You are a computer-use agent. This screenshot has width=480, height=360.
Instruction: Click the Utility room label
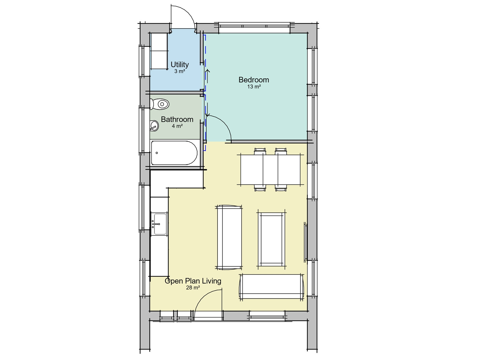click(x=179, y=64)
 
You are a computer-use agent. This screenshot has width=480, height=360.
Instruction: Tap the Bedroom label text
click(x=253, y=80)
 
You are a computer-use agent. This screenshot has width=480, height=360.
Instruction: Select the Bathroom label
click(x=177, y=119)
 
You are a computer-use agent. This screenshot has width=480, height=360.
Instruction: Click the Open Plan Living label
click(x=193, y=281)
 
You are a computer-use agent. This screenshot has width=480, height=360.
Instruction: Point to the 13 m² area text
click(x=253, y=87)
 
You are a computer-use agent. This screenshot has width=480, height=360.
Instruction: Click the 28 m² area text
click(x=193, y=288)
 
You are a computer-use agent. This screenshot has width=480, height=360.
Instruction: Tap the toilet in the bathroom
click(x=160, y=104)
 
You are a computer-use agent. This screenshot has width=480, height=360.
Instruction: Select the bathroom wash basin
click(x=154, y=126)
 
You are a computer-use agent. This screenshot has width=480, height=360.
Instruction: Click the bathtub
click(x=174, y=153)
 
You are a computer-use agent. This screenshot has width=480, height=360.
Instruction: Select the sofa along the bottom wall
click(x=271, y=286)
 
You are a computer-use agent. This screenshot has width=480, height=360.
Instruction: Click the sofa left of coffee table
click(x=229, y=237)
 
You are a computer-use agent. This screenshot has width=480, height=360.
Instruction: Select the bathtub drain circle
click(x=157, y=153)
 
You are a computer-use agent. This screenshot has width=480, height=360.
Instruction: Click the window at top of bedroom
click(x=254, y=28)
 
